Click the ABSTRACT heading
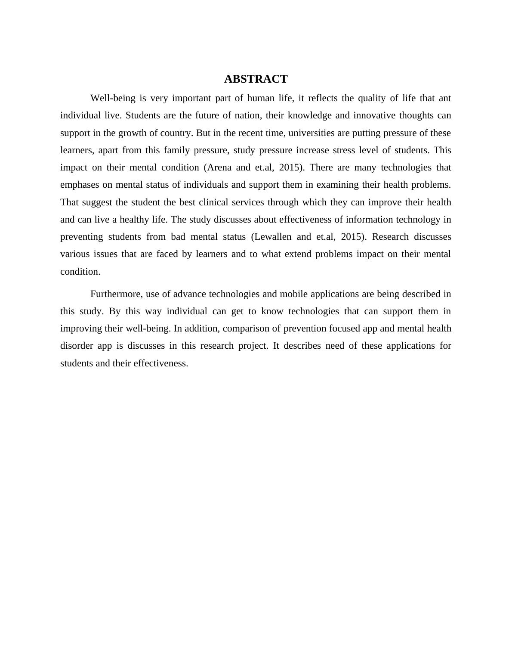click(x=256, y=79)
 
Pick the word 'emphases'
click(x=80, y=185)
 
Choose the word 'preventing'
click(x=82, y=237)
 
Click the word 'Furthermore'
click(x=116, y=294)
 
